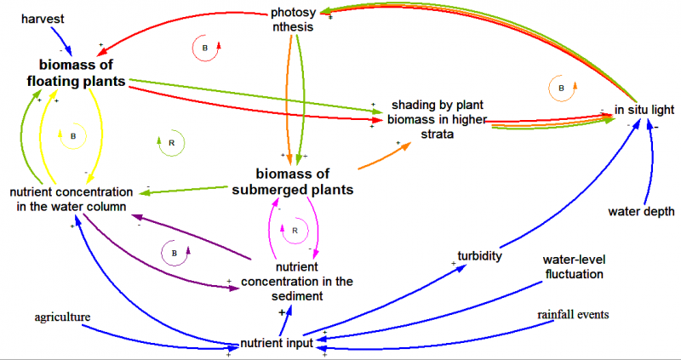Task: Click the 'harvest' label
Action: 43,18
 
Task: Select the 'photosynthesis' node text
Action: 292,20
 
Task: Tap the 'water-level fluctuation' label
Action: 573,266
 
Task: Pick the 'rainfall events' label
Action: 573,315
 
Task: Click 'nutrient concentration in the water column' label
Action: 72,198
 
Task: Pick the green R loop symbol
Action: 171,143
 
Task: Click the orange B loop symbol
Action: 561,88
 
